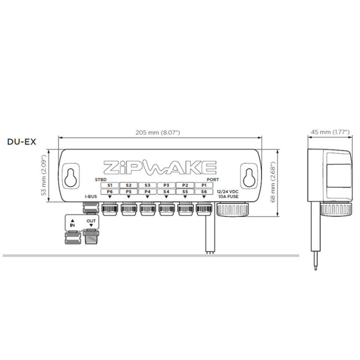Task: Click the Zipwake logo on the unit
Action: click(x=159, y=167)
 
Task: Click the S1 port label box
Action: click(x=110, y=184)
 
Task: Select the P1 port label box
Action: click(x=204, y=184)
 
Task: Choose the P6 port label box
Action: click(x=110, y=192)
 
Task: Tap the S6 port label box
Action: click(x=204, y=192)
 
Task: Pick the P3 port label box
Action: click(x=166, y=184)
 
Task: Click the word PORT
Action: click(x=213, y=179)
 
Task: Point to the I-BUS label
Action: click(x=91, y=197)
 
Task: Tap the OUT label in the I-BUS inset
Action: click(x=91, y=221)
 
